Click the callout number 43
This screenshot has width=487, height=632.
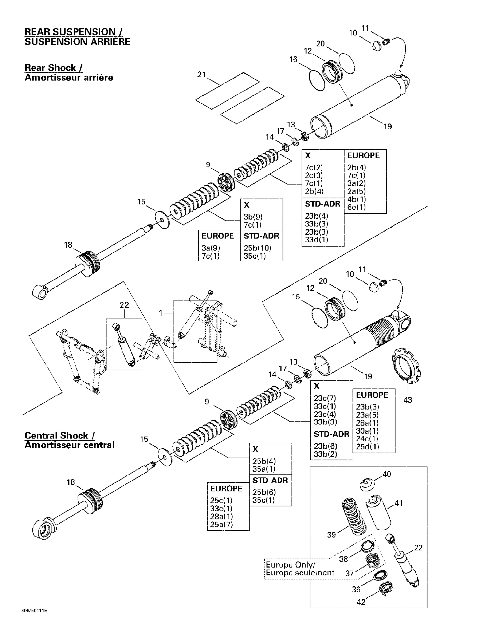tap(407, 400)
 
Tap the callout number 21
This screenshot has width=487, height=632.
tap(201, 75)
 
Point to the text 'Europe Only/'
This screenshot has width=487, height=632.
tap(290, 565)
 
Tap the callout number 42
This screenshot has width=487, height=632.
tap(361, 602)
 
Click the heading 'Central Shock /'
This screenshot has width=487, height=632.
tap(59, 435)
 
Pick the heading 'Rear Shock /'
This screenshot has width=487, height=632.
tap(53, 68)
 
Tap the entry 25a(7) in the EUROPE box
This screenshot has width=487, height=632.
tap(221, 524)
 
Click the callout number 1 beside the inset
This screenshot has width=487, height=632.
tap(161, 313)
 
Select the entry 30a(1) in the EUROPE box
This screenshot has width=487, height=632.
tap(367, 431)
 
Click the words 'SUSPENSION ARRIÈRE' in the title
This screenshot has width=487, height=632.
tap(77, 42)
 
